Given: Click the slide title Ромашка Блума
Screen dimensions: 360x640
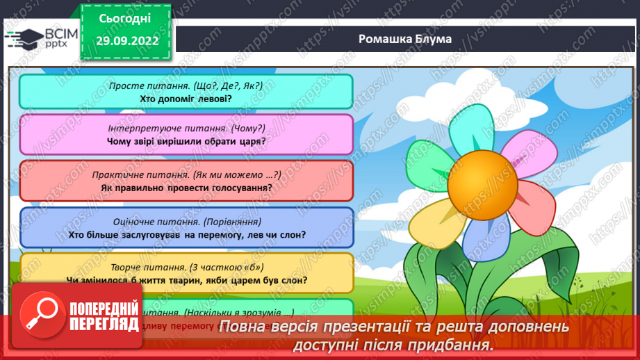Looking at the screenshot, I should pos(404,39).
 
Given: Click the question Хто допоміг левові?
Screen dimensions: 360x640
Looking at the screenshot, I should pos(186,98).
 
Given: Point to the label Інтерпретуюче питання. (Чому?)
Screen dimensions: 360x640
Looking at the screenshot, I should pos(186,129).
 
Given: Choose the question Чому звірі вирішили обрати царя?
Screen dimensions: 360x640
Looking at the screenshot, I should pos(186,141).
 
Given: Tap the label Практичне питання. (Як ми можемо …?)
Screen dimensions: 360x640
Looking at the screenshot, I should pos(186,175).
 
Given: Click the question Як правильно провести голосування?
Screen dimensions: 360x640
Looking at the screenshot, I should pos(186,188).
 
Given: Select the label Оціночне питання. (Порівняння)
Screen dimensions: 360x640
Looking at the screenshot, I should pos(186,222).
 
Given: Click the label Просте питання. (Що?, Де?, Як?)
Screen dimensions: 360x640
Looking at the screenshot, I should pos(186,85).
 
